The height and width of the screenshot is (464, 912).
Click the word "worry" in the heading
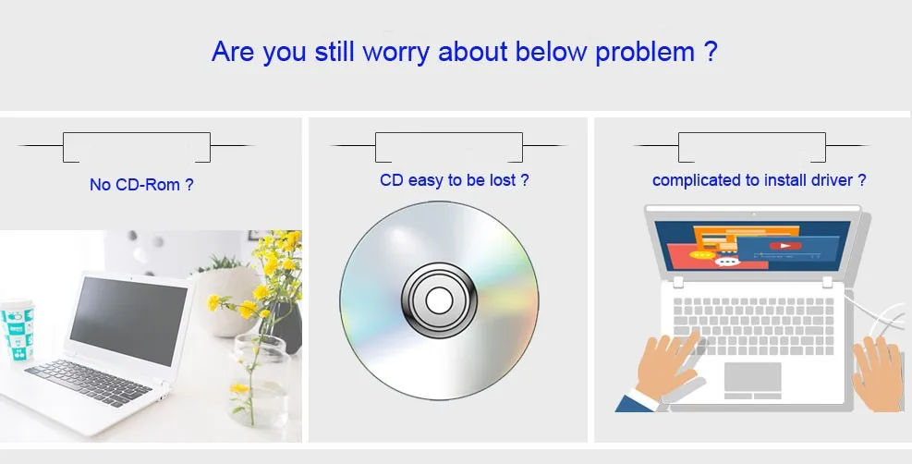click(395, 52)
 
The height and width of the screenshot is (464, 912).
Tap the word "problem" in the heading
click(645, 52)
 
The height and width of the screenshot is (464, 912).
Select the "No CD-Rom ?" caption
click(141, 185)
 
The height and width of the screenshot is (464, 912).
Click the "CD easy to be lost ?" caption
click(455, 180)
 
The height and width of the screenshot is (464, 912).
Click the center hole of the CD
click(439, 300)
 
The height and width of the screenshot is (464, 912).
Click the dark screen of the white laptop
click(129, 321)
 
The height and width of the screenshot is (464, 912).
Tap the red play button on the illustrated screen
click(785, 246)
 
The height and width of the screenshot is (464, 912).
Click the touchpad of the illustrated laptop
click(753, 377)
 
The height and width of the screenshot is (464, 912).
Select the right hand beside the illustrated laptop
click(877, 373)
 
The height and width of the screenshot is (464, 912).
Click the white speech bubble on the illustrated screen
click(726, 263)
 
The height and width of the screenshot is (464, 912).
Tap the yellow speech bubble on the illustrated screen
click(702, 255)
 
